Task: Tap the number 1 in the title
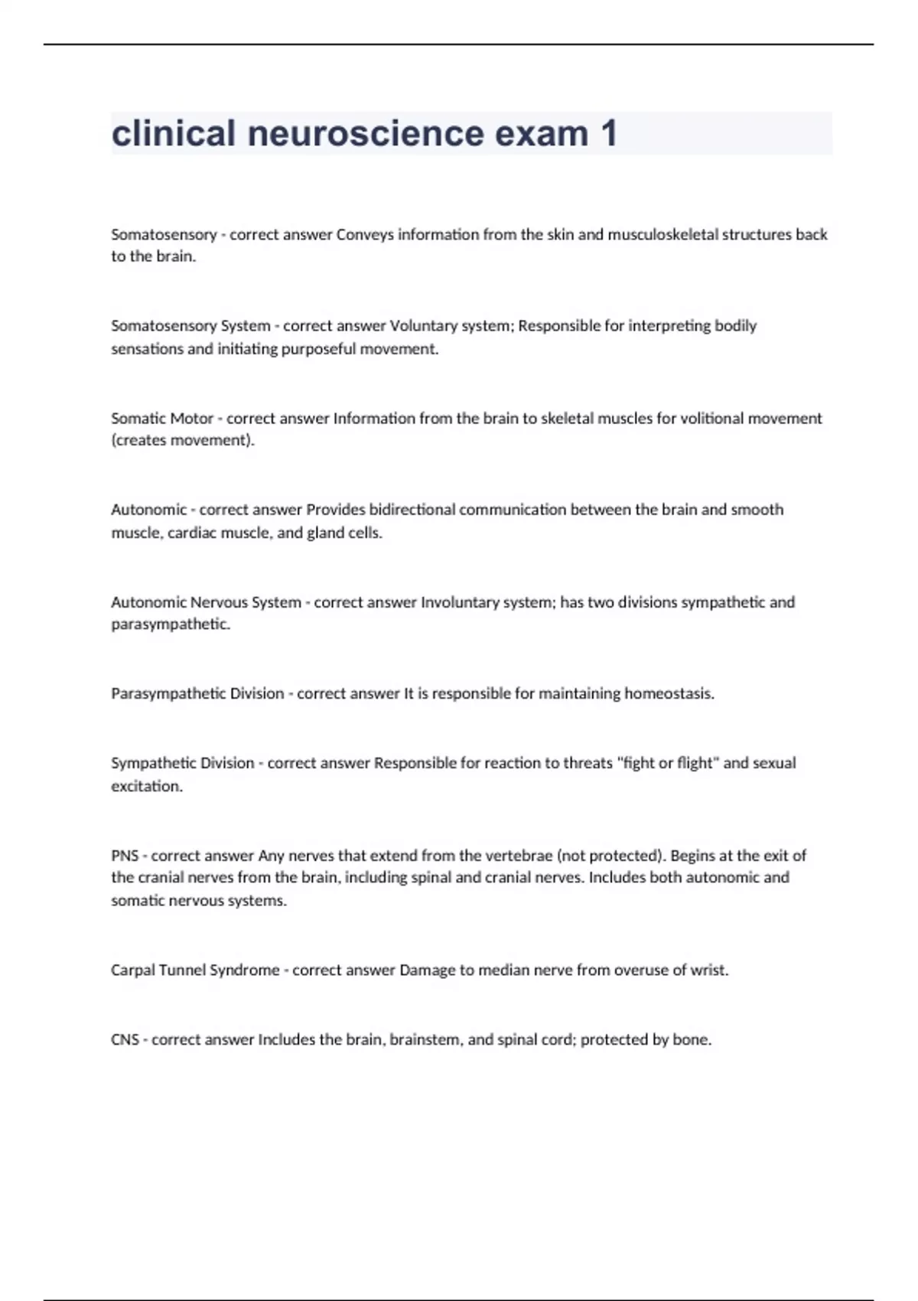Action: point(608,134)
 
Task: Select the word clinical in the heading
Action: point(173,134)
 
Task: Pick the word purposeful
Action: point(318,349)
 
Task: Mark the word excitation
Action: point(147,786)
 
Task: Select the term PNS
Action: point(125,856)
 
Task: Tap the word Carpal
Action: point(132,970)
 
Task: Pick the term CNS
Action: point(125,1040)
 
